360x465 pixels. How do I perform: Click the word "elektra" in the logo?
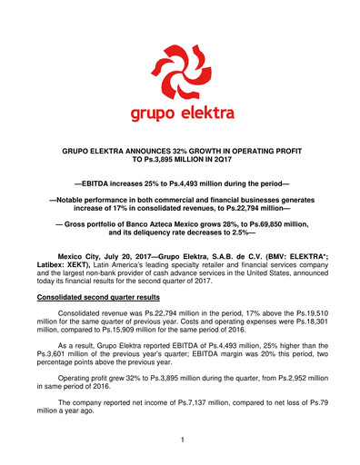(205, 114)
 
